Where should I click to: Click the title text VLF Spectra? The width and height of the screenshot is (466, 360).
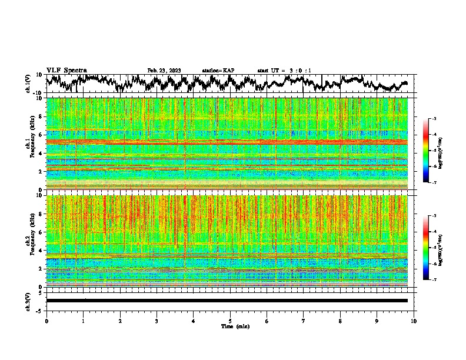[x=66, y=71]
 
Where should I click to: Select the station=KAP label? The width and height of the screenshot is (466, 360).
[x=218, y=71]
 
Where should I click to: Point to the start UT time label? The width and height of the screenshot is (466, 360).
[x=284, y=71]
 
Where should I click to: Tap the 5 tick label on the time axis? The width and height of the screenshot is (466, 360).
[x=230, y=321]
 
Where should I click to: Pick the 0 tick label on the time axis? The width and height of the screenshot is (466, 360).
[x=46, y=321]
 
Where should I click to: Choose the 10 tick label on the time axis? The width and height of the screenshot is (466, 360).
[x=414, y=321]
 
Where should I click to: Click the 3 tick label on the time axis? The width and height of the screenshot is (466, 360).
[x=157, y=321]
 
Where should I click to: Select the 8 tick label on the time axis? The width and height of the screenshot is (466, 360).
[x=341, y=321]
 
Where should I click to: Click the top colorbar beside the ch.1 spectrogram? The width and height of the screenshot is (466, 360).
[x=427, y=151]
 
